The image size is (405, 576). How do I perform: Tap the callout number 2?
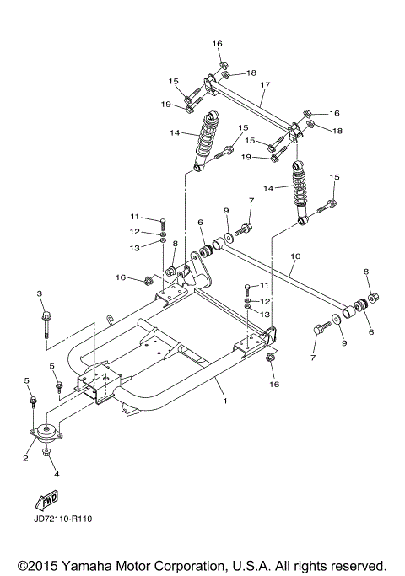[x=26, y=458]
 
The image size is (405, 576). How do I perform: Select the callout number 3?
[x=39, y=293]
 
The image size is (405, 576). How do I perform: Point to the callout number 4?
[x=57, y=474]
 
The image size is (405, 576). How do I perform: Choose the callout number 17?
[x=264, y=84]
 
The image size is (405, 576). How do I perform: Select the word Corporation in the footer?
[x=193, y=565]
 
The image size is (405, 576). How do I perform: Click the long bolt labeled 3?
[x=41, y=325]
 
